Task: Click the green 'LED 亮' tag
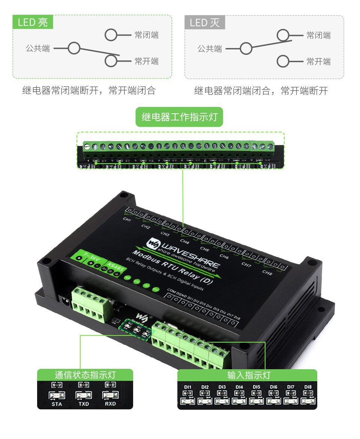[x=33, y=22]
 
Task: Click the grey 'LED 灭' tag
[x=205, y=23]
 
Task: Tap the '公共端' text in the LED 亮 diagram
[x=37, y=48]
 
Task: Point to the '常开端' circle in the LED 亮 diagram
[x=111, y=61]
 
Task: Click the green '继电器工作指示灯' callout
[x=179, y=117]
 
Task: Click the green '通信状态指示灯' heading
[x=85, y=375]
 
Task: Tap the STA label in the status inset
[x=57, y=404]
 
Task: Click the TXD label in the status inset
[x=83, y=404]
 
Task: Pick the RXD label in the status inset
[x=110, y=404]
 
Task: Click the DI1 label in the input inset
[x=188, y=387]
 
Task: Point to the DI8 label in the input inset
[x=308, y=387]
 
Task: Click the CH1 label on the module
[x=127, y=219]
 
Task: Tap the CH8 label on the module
[x=267, y=272]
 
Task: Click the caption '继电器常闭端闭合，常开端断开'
[x=261, y=91]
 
